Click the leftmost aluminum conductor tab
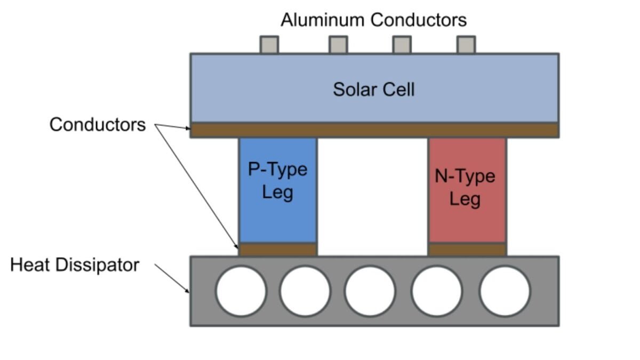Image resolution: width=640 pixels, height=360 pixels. coord(269,45)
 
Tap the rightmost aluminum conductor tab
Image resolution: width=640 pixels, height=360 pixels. coord(466,45)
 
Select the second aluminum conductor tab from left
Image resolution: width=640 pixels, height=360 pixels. coord(338,45)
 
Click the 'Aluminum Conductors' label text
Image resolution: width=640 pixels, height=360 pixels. coord(373,20)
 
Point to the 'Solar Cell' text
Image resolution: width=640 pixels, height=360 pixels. coord(373,89)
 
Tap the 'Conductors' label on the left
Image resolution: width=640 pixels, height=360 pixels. coord(98,125)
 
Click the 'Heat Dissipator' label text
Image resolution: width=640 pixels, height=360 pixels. coord(75,265)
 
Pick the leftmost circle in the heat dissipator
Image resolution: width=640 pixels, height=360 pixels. coord(241,291)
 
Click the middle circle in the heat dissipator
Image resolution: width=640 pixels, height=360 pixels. coord(370,291)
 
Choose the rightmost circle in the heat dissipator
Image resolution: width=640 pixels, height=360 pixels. coord(505,291)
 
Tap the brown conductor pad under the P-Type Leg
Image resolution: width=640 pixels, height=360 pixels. coord(278,250)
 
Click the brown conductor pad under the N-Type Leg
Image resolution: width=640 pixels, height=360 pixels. coord(467,250)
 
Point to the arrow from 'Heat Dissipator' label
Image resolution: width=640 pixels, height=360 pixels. coord(172,277)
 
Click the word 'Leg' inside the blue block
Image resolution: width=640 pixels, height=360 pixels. coord(278,191)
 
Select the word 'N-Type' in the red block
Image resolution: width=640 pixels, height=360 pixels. coord(465,177)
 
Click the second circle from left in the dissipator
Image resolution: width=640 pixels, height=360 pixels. coord(305,291)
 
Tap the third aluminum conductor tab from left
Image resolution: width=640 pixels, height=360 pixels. coord(402,45)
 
